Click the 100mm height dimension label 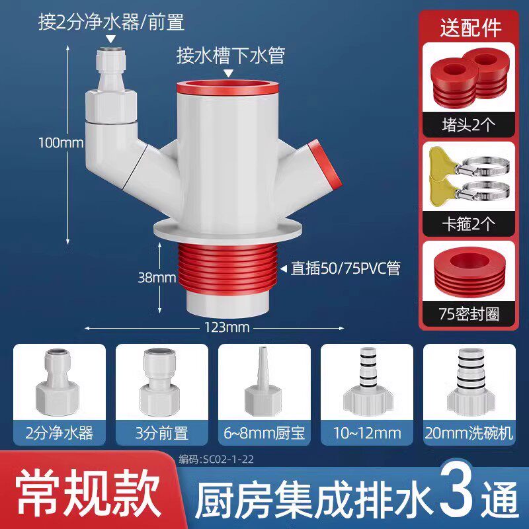61,143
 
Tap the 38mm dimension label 157,278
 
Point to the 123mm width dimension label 227,327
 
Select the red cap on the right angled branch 325,163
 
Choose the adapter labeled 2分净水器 58,382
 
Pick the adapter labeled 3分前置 160,382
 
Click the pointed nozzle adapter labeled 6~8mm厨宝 263,382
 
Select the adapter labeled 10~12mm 367,382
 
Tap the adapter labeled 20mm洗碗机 469,382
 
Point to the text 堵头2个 469,125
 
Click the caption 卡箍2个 469,224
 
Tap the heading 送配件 470,27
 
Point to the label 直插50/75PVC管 345,269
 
